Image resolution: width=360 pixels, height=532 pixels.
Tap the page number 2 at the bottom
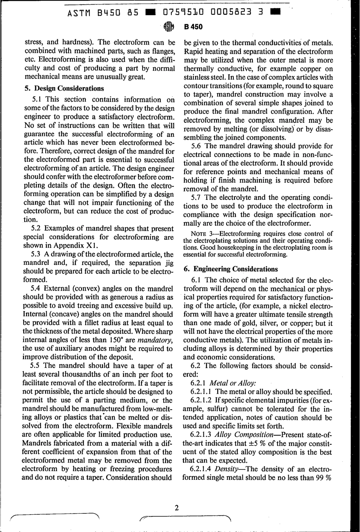pos(176,508)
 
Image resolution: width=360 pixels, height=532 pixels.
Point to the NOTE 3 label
pos(200,233)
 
